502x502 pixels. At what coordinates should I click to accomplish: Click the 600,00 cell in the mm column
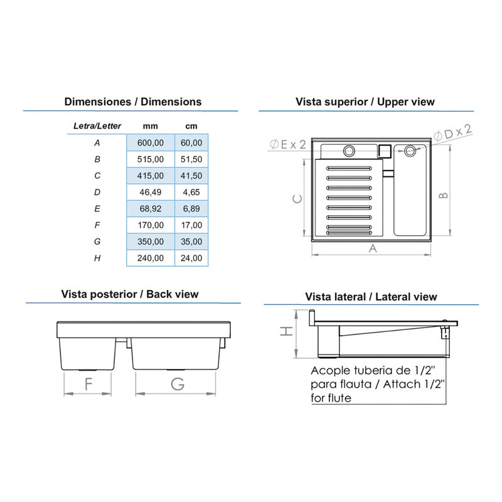151,142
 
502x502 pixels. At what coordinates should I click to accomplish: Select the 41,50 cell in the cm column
191,176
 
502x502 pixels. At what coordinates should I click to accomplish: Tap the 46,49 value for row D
151,192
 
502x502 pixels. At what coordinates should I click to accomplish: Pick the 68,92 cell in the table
151,208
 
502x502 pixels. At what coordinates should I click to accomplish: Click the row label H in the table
97,258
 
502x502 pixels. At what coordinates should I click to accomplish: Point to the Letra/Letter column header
97,126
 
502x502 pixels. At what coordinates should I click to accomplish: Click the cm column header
191,126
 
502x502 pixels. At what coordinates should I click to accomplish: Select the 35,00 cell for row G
191,242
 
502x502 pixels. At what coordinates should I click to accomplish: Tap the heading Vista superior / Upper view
365,102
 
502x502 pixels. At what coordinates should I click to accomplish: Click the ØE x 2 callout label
288,144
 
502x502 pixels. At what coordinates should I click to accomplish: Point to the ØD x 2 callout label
452,133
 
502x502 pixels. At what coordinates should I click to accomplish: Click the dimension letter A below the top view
373,248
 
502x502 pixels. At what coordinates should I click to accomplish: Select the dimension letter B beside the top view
443,195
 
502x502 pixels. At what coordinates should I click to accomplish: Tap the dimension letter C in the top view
297,199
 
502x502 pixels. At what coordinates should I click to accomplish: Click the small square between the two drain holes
385,151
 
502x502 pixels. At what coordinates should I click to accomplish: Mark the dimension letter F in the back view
88,384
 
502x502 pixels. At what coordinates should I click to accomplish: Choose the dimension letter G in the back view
178,384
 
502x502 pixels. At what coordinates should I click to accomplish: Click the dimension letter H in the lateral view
287,331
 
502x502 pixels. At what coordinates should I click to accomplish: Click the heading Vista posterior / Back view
130,294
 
